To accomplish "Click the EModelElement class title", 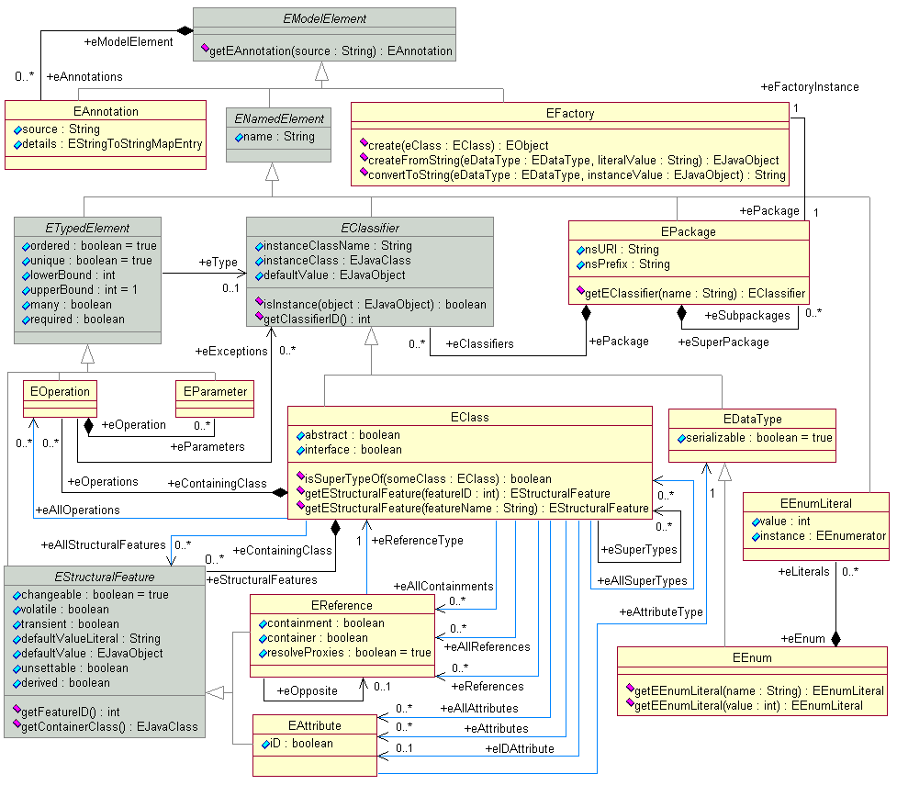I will coord(324,17).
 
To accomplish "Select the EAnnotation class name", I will coord(105,111).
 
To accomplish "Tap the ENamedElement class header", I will coord(276,118).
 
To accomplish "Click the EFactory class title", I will coord(569,114).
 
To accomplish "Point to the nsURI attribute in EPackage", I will coord(616,249).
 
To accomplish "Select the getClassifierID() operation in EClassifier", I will coord(316,319).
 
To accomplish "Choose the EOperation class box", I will coord(60,391).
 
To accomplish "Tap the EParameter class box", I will coord(215,391).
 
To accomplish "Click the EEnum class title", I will coord(752,657).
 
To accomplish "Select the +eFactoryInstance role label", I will coord(810,86).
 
